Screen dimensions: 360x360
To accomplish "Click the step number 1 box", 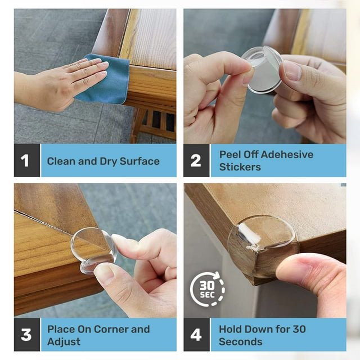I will click(26, 161).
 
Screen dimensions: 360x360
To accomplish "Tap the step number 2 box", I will click(196, 161).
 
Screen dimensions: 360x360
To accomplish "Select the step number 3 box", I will click(26, 335).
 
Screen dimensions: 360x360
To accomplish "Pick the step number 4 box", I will click(196, 335).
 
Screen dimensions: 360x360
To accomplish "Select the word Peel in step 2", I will click(229, 155).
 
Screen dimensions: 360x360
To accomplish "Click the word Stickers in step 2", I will click(240, 167).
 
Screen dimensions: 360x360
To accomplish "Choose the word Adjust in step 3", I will click(64, 341).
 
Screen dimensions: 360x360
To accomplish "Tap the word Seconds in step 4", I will click(241, 341).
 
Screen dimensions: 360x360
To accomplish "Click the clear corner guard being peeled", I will click(262, 69).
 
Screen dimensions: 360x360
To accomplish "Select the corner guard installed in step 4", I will click(262, 242).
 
